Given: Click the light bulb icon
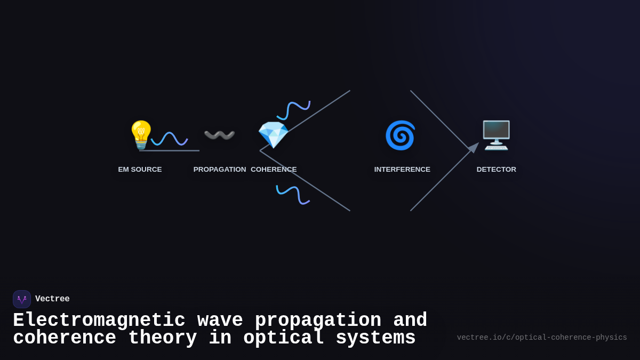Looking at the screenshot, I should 141,134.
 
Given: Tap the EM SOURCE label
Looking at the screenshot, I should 140,170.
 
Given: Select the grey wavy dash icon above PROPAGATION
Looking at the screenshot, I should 219,135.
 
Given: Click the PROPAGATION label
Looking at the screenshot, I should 220,170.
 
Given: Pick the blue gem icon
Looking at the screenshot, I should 273,135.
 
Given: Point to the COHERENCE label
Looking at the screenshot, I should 274,170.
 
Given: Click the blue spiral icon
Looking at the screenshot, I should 400,135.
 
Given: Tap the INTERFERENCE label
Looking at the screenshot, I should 402,170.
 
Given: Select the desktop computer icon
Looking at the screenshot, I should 496,135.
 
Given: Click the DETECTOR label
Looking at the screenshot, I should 496,170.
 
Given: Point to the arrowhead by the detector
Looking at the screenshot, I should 473,147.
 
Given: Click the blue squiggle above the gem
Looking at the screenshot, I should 293,110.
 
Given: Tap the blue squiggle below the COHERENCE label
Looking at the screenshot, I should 293,195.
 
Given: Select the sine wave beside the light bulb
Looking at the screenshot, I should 169,139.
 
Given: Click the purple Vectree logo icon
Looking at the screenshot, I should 22,299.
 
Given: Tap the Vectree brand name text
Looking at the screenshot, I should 52,299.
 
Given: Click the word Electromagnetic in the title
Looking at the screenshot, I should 99,321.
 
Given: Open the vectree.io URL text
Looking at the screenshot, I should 542,338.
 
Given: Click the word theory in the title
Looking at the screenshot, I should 163,338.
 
